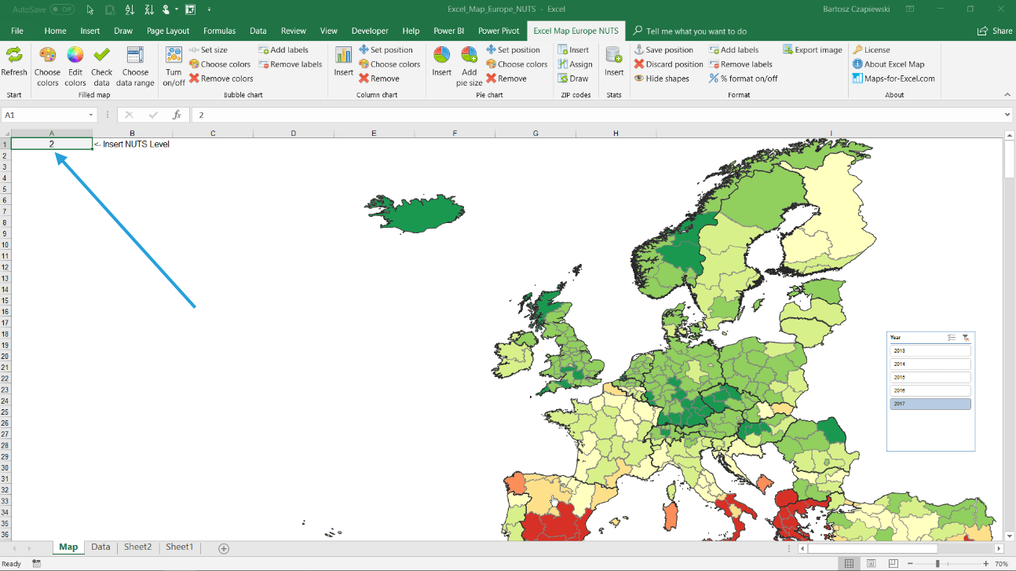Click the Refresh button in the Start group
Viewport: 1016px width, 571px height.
point(13,62)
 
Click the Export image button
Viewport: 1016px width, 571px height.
point(813,49)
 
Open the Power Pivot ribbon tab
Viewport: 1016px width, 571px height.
point(499,31)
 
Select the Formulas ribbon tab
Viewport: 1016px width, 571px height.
point(219,31)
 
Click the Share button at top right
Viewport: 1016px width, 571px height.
point(995,31)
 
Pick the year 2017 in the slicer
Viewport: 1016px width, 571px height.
point(930,404)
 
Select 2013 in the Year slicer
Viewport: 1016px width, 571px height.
point(930,350)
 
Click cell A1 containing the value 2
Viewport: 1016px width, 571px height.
point(52,144)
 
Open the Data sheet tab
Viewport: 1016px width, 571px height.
point(101,547)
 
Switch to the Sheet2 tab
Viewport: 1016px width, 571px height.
point(137,547)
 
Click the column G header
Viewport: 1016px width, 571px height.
point(535,133)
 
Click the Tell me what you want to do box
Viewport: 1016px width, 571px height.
point(696,31)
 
